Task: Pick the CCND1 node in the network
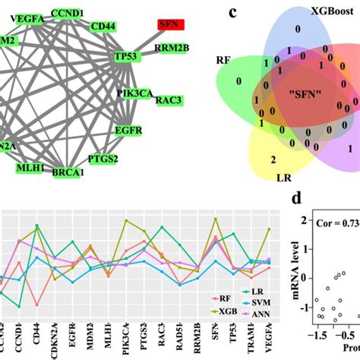click(x=68, y=14)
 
